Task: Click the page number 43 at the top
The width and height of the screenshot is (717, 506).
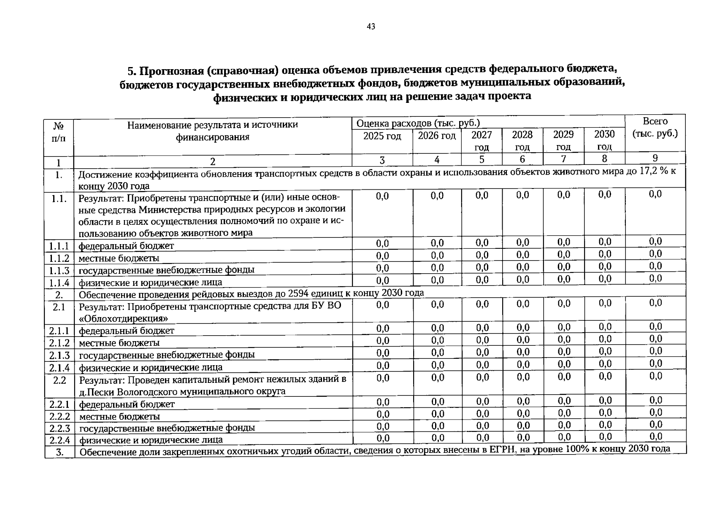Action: pyautogui.click(x=371, y=27)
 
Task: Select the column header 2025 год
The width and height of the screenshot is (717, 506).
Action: pyautogui.click(x=382, y=136)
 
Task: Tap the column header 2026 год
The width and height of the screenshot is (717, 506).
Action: pyautogui.click(x=437, y=136)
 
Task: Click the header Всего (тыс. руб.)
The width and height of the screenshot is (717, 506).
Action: pyautogui.click(x=655, y=127)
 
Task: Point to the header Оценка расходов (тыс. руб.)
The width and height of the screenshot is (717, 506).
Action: pyautogui.click(x=418, y=123)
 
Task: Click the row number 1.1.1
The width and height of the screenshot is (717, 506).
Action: pyautogui.click(x=59, y=246)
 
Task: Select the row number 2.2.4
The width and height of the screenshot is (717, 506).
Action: pyautogui.click(x=59, y=440)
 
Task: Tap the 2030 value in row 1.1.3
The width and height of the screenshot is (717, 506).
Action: pyautogui.click(x=604, y=266)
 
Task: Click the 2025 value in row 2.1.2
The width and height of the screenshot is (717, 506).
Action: pyautogui.click(x=382, y=340)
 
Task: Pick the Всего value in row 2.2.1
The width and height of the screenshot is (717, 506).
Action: pyautogui.click(x=655, y=400)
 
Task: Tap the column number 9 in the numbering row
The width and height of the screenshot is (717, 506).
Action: pyautogui.click(x=655, y=158)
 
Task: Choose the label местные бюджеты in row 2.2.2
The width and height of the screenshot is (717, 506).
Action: pyautogui.click(x=119, y=417)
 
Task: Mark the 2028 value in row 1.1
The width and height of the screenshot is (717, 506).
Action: pyautogui.click(x=522, y=195)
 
